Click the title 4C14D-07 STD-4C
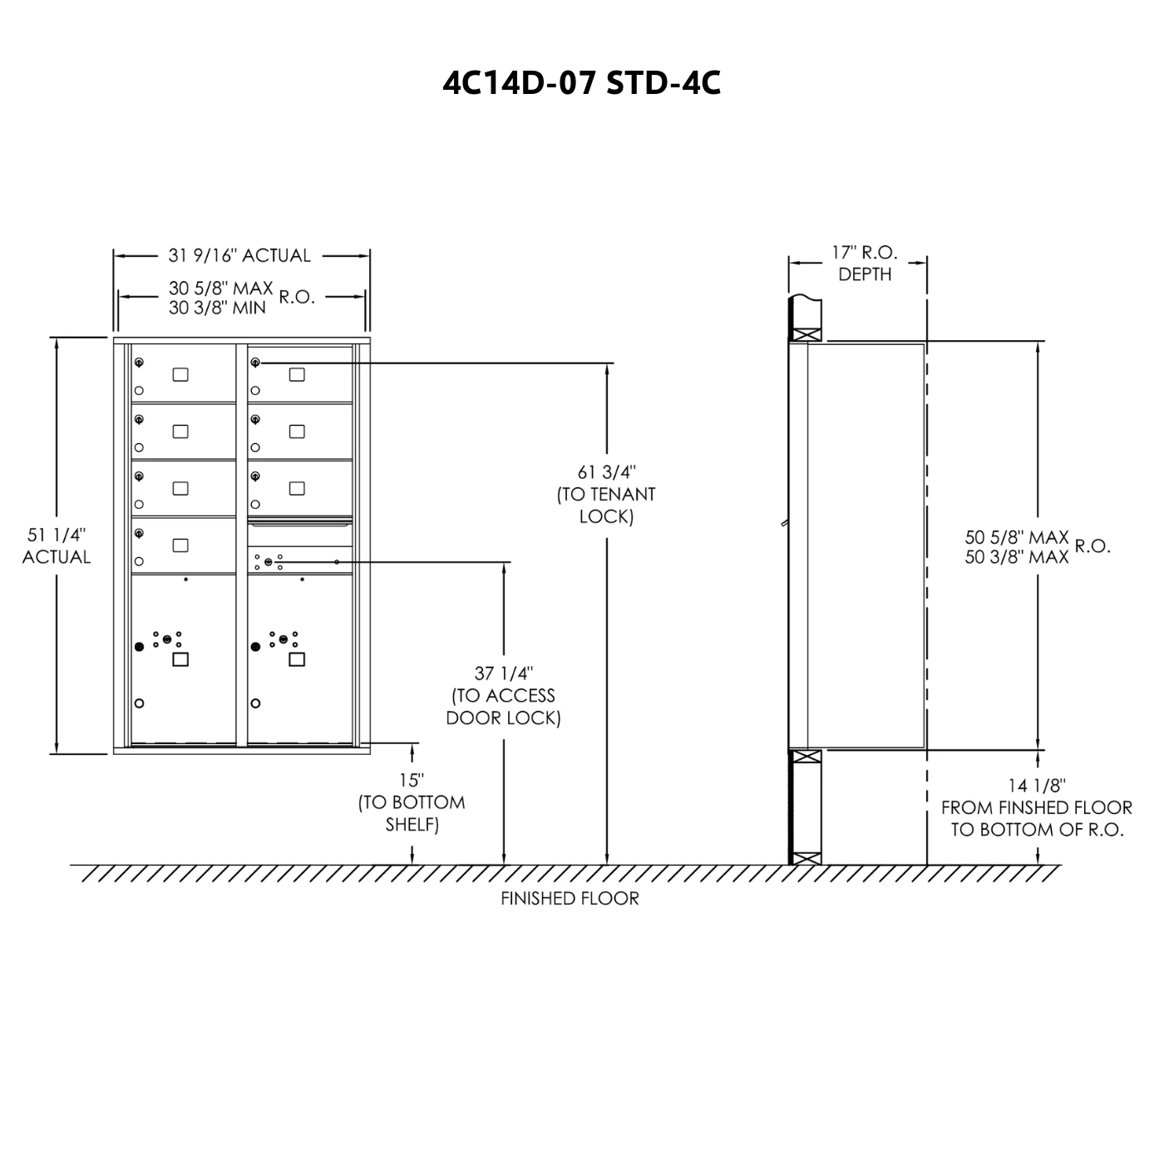click(x=581, y=83)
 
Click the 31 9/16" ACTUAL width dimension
click(x=239, y=255)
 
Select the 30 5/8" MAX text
click(x=220, y=288)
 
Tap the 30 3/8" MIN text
click(x=217, y=308)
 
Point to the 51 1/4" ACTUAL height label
click(x=57, y=545)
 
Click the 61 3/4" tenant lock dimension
click(x=606, y=471)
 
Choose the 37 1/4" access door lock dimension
click(x=504, y=673)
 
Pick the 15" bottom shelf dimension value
click(x=412, y=781)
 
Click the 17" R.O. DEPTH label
click(x=865, y=263)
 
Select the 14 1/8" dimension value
click(x=1037, y=785)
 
